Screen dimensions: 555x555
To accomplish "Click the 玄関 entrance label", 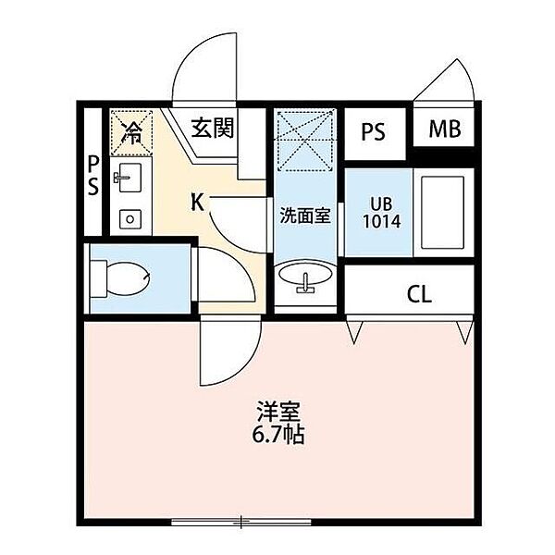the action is [213, 128].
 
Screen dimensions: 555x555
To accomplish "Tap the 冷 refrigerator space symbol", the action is [131, 133].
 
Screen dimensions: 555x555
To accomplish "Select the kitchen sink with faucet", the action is [128, 178].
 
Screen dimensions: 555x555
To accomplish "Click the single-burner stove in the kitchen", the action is [130, 219].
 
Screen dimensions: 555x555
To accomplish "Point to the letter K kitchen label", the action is [198, 203].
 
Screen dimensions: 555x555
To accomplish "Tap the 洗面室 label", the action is [305, 215].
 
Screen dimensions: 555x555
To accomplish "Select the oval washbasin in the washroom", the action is [305, 276].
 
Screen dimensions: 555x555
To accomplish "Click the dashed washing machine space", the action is [305, 141].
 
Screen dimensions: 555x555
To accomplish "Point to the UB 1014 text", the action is [382, 213].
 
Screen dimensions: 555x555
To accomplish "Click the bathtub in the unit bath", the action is [443, 213].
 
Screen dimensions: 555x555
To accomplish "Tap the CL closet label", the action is [419, 294].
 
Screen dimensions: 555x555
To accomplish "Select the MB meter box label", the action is [445, 129].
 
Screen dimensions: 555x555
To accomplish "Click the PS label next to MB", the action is [373, 131].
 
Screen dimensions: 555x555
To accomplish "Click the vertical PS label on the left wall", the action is [92, 176].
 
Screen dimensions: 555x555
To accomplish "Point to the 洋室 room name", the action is [278, 412].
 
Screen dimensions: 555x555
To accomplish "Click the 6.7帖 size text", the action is [277, 435].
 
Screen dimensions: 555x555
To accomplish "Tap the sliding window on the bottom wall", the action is [241, 522].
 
